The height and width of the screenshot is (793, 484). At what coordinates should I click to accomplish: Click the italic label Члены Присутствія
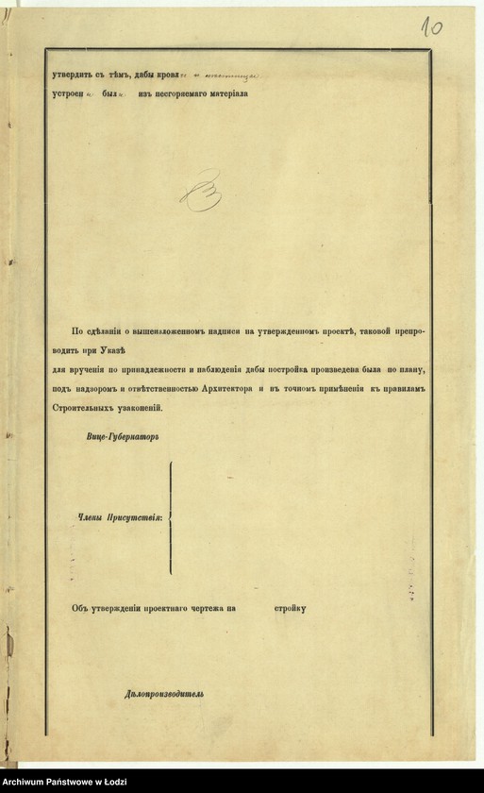(120, 516)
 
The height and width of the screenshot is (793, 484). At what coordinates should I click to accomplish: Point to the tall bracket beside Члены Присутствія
(171, 516)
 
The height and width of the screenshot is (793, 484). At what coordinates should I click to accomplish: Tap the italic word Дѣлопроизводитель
(163, 694)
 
